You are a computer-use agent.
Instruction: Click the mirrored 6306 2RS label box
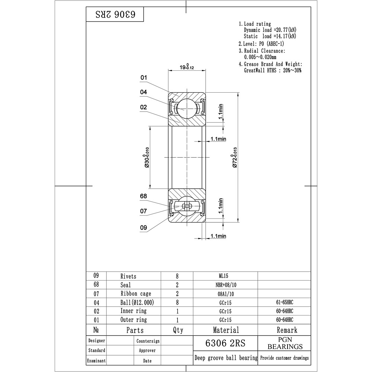coord(115,14)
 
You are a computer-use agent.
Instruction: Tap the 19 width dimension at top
coord(187,67)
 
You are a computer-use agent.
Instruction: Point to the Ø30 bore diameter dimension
coord(146,157)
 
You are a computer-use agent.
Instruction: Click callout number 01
coord(144,78)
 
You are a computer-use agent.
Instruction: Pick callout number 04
coord(144,92)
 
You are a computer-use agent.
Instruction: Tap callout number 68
coord(144,196)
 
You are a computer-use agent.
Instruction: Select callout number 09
coord(144,228)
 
